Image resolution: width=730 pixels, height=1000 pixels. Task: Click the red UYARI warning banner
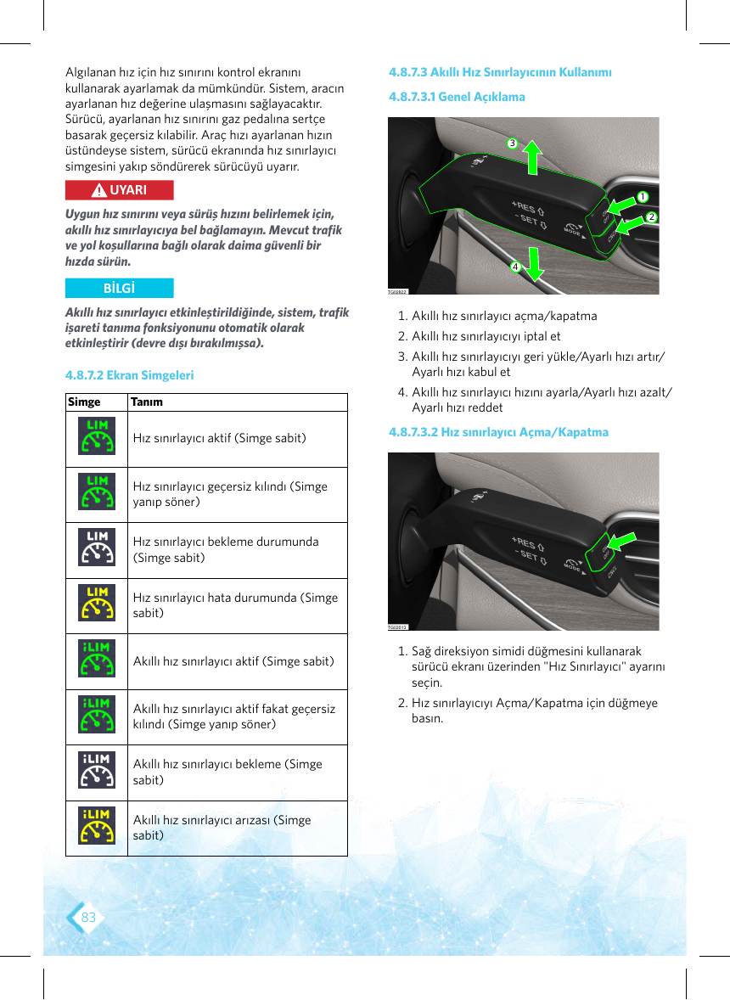tap(119, 190)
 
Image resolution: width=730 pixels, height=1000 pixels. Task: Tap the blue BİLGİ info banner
tap(119, 289)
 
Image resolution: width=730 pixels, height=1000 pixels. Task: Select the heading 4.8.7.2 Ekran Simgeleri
tap(129, 375)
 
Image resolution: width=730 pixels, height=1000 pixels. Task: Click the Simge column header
tap(84, 402)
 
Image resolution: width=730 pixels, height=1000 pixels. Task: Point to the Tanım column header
tap(147, 402)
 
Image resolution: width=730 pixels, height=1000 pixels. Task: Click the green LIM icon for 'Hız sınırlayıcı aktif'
tap(97, 436)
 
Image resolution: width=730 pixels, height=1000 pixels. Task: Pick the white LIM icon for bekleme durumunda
tap(97, 548)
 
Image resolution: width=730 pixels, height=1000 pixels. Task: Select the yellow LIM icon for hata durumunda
tap(97, 603)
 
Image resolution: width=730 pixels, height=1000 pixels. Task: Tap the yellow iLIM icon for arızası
tap(97, 825)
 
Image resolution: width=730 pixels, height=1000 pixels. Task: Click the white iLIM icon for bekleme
tap(97, 770)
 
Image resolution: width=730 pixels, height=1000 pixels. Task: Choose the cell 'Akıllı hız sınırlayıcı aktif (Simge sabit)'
tap(233, 661)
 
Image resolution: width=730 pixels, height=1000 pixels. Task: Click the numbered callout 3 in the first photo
tap(512, 143)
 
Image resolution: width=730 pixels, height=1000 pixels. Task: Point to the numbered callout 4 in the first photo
tap(515, 267)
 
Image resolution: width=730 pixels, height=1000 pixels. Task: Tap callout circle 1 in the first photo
tap(643, 197)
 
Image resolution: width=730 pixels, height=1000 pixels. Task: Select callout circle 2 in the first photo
tap(651, 216)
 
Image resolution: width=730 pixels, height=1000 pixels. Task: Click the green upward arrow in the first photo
tap(531, 158)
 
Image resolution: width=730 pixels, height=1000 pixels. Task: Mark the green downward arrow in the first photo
tap(534, 264)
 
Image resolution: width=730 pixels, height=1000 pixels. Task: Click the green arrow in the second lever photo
tap(621, 542)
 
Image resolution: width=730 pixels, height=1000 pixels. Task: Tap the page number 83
tap(88, 917)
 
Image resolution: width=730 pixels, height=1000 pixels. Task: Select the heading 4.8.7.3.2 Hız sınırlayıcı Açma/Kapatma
tap(498, 432)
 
